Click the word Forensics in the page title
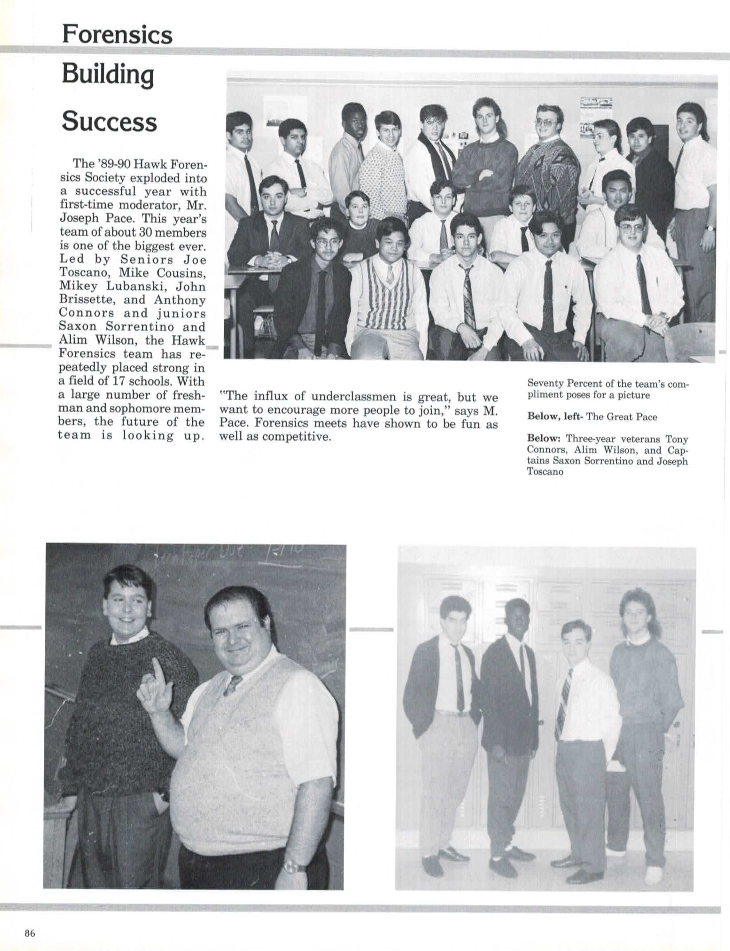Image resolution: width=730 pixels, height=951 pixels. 117,34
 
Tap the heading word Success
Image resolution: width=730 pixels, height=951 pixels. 109,121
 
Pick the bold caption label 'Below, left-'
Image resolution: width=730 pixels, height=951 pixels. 555,416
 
